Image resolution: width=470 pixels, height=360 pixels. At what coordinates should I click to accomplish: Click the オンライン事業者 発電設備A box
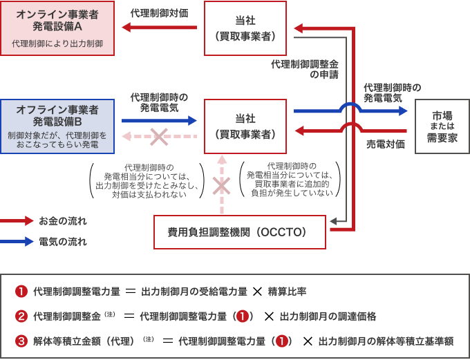(x=57, y=28)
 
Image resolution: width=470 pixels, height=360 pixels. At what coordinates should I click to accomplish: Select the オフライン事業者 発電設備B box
(x=57, y=125)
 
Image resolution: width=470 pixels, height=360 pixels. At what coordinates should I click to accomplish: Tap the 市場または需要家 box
(x=442, y=126)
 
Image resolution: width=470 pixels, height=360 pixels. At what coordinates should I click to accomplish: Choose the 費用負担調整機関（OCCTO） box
(x=239, y=231)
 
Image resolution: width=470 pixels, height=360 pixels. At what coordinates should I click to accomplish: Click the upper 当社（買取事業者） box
(x=245, y=28)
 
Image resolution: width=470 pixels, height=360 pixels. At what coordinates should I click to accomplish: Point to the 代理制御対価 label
(x=158, y=13)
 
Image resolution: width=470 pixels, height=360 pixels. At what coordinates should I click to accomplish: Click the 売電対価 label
(x=385, y=144)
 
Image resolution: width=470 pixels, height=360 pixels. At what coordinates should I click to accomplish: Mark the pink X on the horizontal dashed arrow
(x=159, y=136)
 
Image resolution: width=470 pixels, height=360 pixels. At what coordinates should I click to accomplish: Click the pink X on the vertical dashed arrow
(x=221, y=185)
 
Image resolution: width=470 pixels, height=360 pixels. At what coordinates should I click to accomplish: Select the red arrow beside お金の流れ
(x=17, y=221)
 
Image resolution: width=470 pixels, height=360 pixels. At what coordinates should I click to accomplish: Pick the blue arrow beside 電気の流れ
(x=17, y=242)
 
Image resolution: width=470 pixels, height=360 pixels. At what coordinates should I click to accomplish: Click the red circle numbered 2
(x=21, y=316)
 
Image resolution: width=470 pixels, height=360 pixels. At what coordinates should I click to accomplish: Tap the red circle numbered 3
(x=21, y=341)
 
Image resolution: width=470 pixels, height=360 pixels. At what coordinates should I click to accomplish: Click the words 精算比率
(x=288, y=291)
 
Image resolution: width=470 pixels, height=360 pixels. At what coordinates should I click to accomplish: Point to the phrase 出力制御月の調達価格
(x=328, y=316)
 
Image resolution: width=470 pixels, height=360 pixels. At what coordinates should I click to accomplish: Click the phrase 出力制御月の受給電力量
(x=194, y=291)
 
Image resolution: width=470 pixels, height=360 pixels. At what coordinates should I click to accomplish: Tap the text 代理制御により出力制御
(x=57, y=44)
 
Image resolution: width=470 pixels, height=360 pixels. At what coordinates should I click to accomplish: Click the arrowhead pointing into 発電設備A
(x=126, y=28)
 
